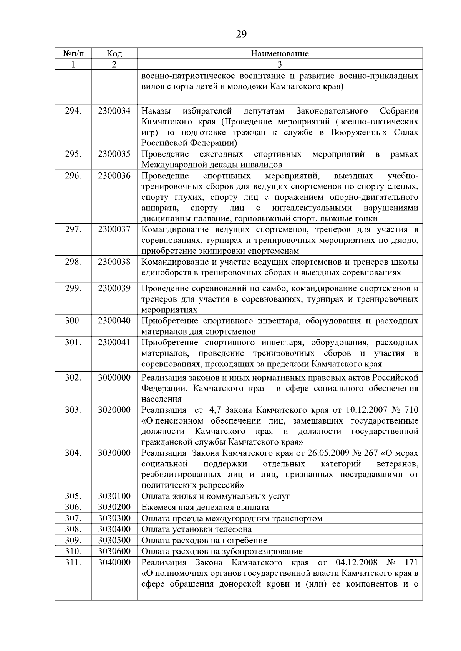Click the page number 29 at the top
point(241,35)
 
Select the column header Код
point(114,54)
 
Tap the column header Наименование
point(280,54)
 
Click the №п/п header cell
point(73,54)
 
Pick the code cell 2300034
point(114,111)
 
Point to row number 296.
point(73,176)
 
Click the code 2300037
point(114,229)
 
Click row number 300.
point(73,321)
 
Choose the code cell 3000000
point(114,377)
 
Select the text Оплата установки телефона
point(196,529)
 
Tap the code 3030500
point(114,541)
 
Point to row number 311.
point(73,563)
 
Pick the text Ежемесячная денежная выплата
point(205,508)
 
